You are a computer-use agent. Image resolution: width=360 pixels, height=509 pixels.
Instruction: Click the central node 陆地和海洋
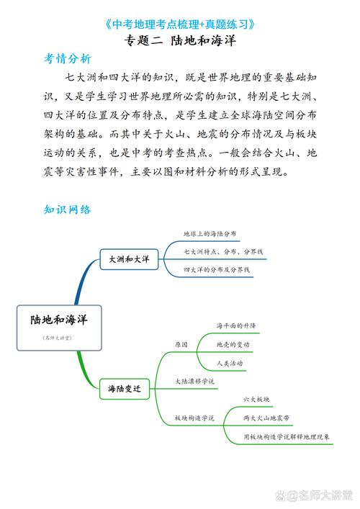click(x=58, y=320)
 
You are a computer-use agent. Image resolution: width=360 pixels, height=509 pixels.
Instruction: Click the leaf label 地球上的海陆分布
click(x=210, y=234)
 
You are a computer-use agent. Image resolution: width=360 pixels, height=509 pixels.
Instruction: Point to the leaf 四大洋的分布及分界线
click(x=216, y=269)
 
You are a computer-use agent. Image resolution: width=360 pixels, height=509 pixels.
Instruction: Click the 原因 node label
click(x=181, y=345)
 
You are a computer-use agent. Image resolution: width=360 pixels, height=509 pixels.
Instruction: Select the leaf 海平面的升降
click(x=236, y=326)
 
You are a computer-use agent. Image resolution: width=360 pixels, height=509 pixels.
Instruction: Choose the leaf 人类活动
click(x=230, y=363)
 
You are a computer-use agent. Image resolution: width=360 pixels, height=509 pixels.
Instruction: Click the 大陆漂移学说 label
click(x=194, y=381)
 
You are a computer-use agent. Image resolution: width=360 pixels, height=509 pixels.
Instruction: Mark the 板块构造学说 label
click(x=194, y=418)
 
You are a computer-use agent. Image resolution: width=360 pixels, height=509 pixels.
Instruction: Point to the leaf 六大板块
click(x=257, y=399)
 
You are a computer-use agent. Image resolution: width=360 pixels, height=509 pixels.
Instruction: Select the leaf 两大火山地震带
click(x=266, y=418)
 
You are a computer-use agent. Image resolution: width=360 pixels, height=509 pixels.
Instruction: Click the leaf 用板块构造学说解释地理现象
click(x=287, y=436)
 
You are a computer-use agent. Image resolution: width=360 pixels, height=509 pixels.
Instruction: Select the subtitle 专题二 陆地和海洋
click(x=180, y=41)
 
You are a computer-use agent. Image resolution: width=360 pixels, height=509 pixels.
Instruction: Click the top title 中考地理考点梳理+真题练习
click(x=180, y=24)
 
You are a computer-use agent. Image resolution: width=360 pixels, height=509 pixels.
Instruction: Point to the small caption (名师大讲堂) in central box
click(x=58, y=337)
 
